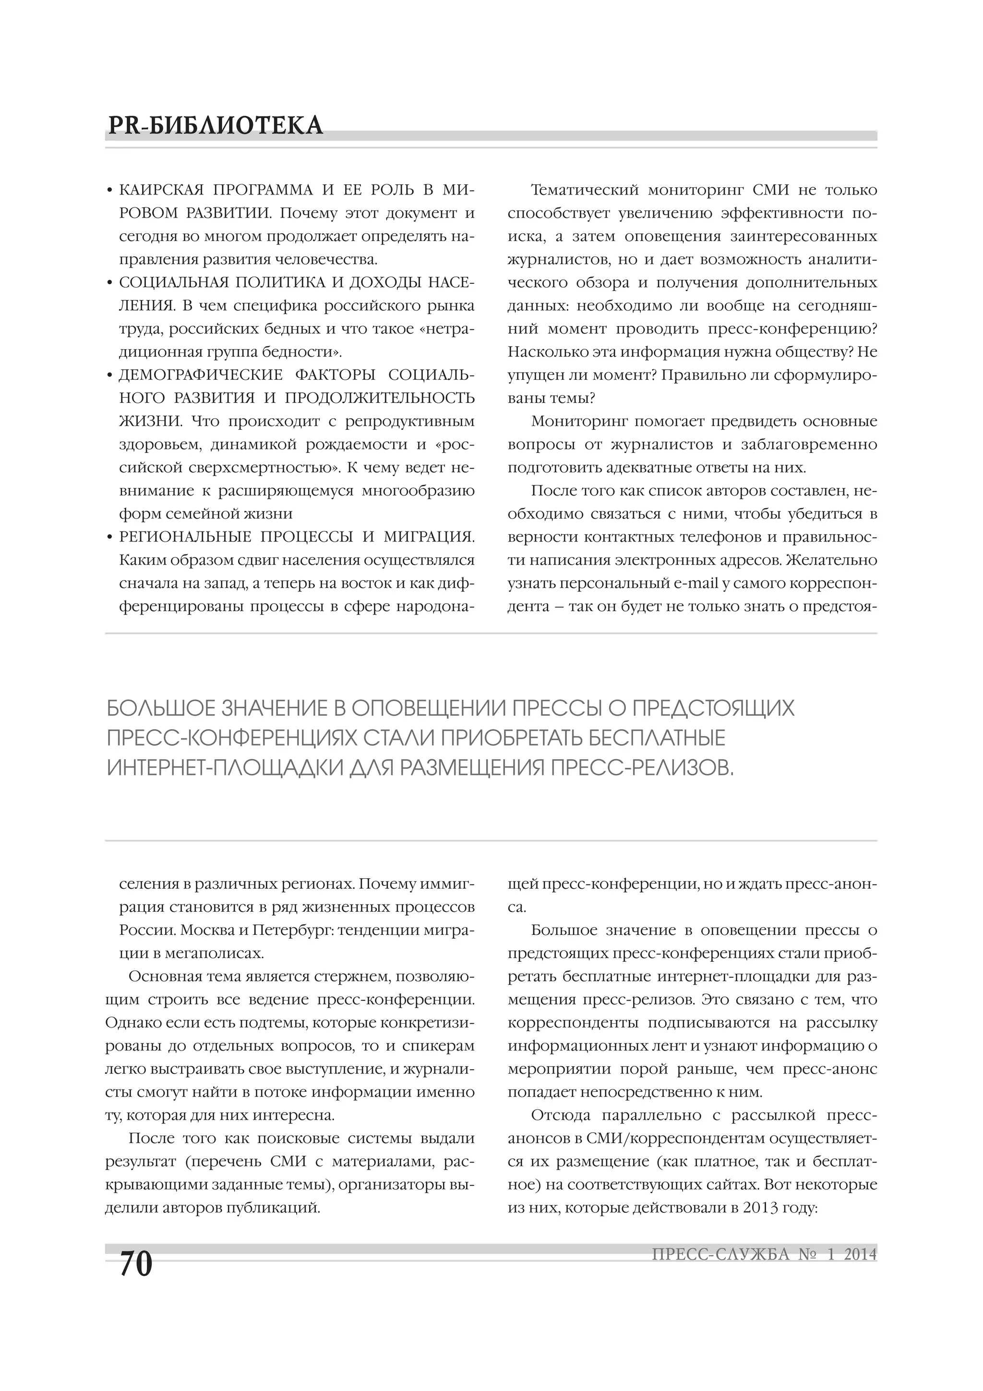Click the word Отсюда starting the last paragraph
(x=560, y=1115)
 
